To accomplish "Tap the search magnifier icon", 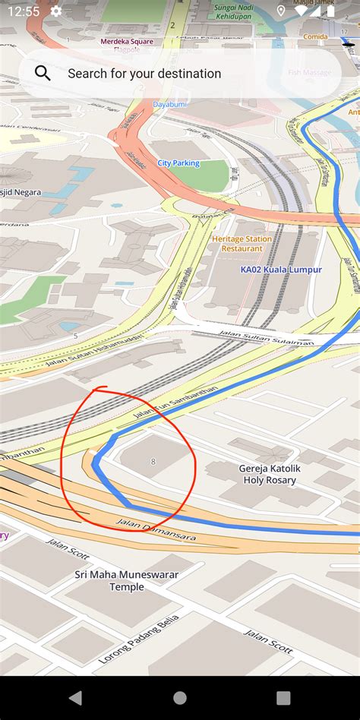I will (x=43, y=74).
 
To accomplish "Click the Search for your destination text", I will (x=144, y=74).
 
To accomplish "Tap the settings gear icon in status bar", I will (x=56, y=11).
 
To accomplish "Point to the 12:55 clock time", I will (x=24, y=11).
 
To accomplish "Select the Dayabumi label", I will (x=169, y=104).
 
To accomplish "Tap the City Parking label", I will (x=178, y=163).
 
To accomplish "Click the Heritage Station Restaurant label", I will (x=242, y=243).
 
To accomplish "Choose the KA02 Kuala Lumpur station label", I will (x=281, y=270).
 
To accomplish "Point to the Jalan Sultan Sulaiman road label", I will (x=265, y=337).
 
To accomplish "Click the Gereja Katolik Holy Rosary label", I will (x=270, y=474).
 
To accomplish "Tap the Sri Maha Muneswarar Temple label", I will (x=126, y=580).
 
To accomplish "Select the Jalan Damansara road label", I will (x=156, y=529).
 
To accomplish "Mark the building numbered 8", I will (x=153, y=461).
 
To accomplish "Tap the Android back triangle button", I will (x=75, y=697).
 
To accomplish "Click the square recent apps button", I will (x=283, y=697).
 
